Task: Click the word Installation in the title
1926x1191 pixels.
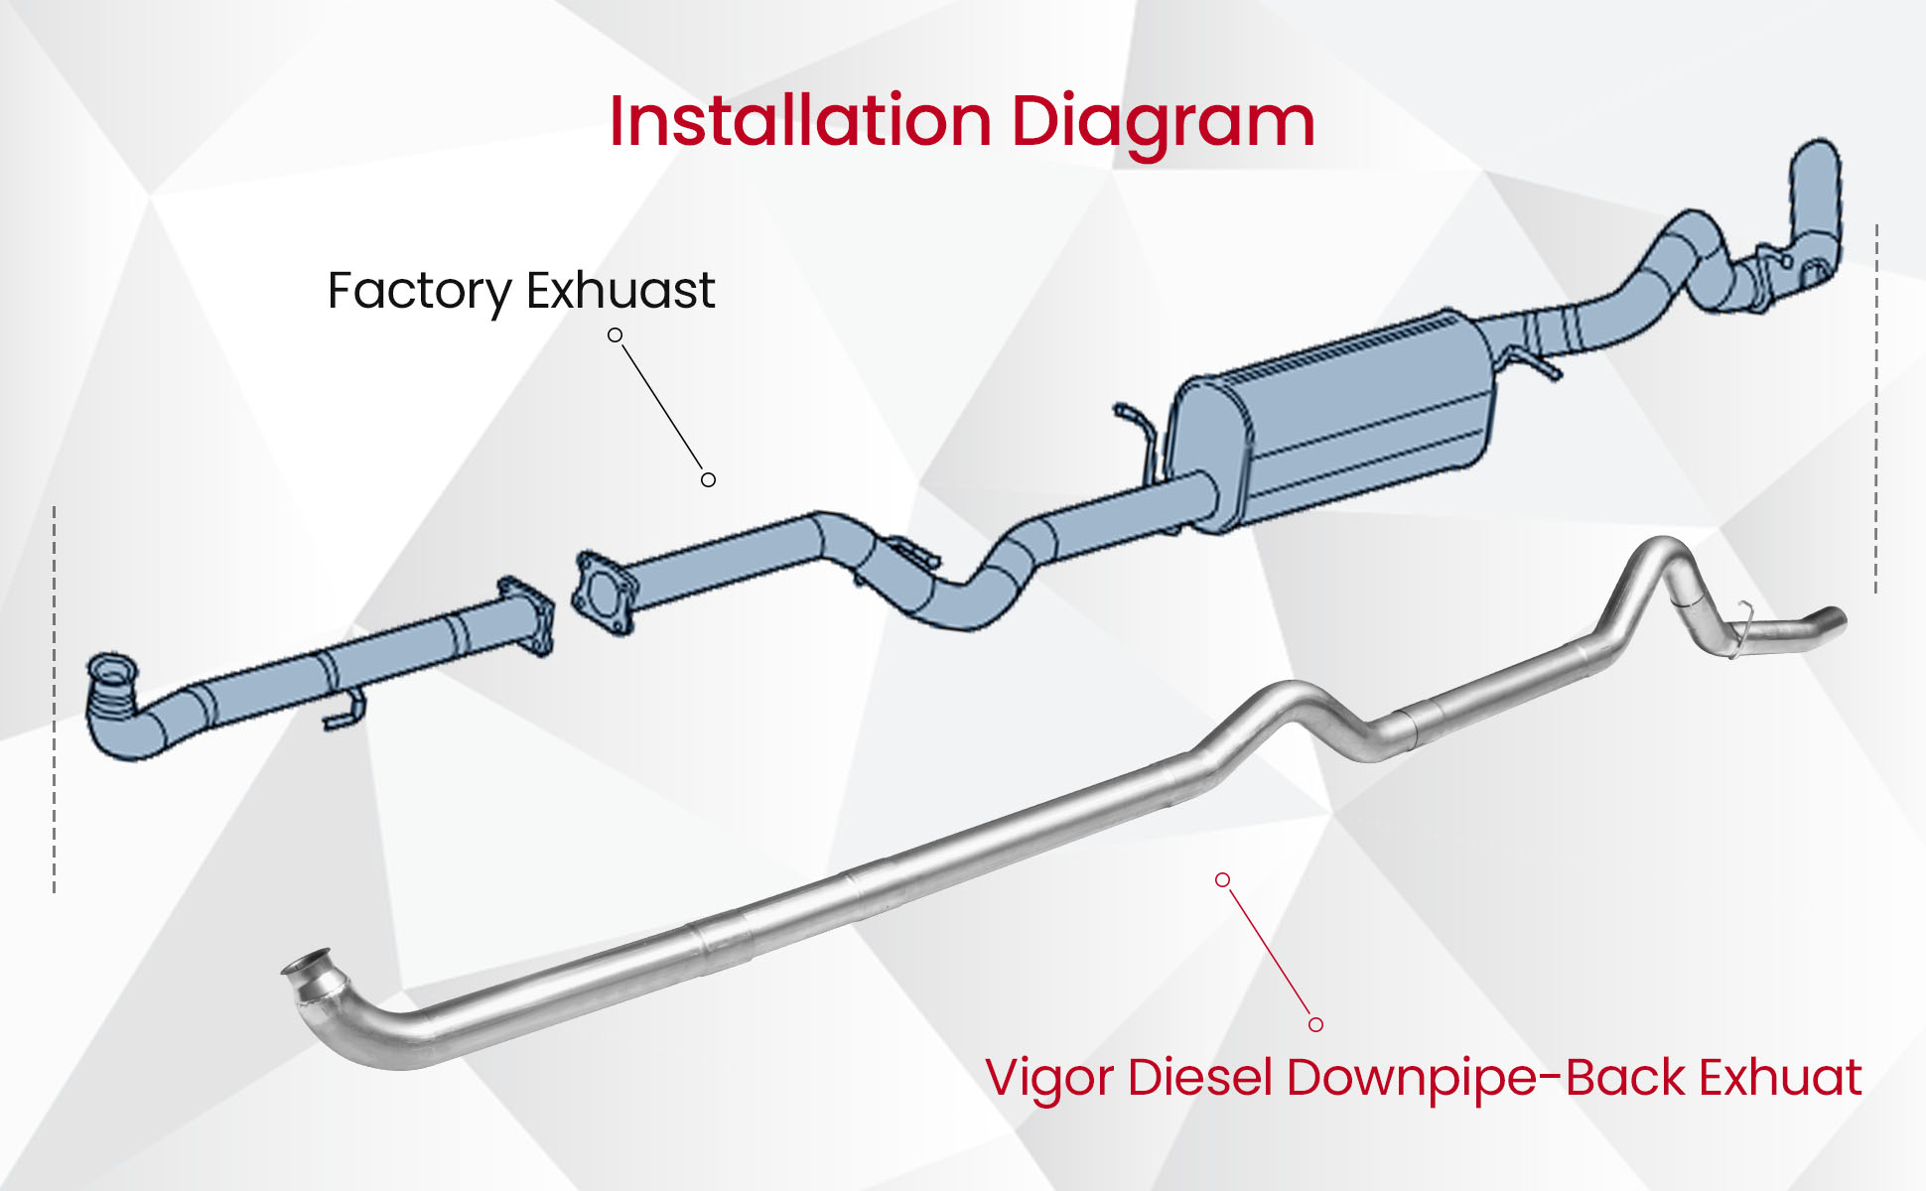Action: click(799, 121)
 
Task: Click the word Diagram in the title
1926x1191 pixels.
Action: click(1163, 123)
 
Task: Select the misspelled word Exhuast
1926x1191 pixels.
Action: click(620, 290)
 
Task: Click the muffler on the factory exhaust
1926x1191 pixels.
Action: click(1335, 422)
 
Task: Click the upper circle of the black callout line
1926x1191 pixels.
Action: click(616, 335)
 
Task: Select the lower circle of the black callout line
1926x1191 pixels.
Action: click(708, 479)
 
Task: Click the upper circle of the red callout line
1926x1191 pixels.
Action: click(1222, 879)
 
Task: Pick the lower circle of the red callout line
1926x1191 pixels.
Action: click(1315, 1024)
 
